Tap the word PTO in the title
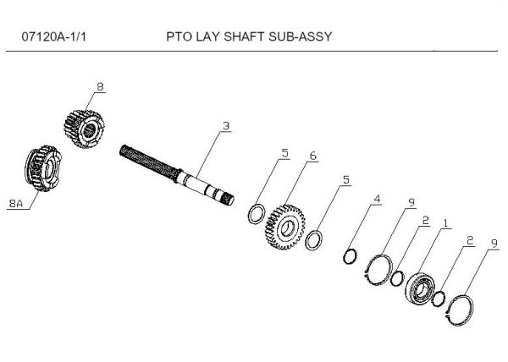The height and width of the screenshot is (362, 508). (180, 38)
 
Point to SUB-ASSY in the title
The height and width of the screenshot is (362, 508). (301, 38)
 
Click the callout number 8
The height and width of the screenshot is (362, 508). (100, 86)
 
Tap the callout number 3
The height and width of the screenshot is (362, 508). (225, 126)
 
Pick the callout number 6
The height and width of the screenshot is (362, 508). (312, 157)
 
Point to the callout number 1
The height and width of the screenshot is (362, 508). (446, 226)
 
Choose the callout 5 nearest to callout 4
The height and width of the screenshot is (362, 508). (345, 179)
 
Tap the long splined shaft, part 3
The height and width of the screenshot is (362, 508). (178, 173)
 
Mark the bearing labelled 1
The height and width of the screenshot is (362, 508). (418, 288)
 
